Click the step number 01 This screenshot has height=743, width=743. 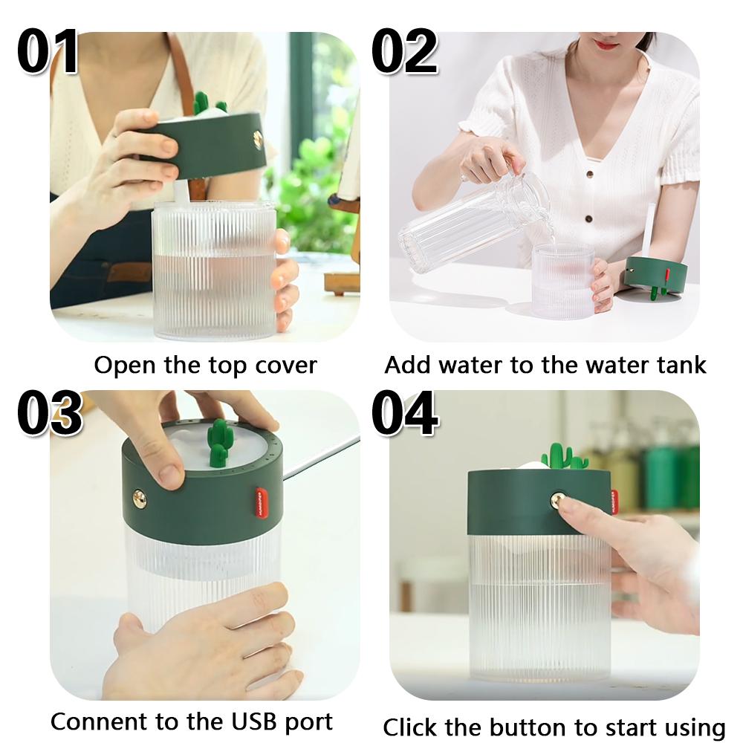point(48,52)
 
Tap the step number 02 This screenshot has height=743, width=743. point(405,52)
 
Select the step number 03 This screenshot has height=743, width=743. point(49,413)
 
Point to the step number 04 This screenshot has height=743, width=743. point(405,413)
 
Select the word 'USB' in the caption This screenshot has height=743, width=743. point(242,721)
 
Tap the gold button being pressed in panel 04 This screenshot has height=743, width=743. point(556,499)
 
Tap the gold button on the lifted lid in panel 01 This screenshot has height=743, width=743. point(258,137)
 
